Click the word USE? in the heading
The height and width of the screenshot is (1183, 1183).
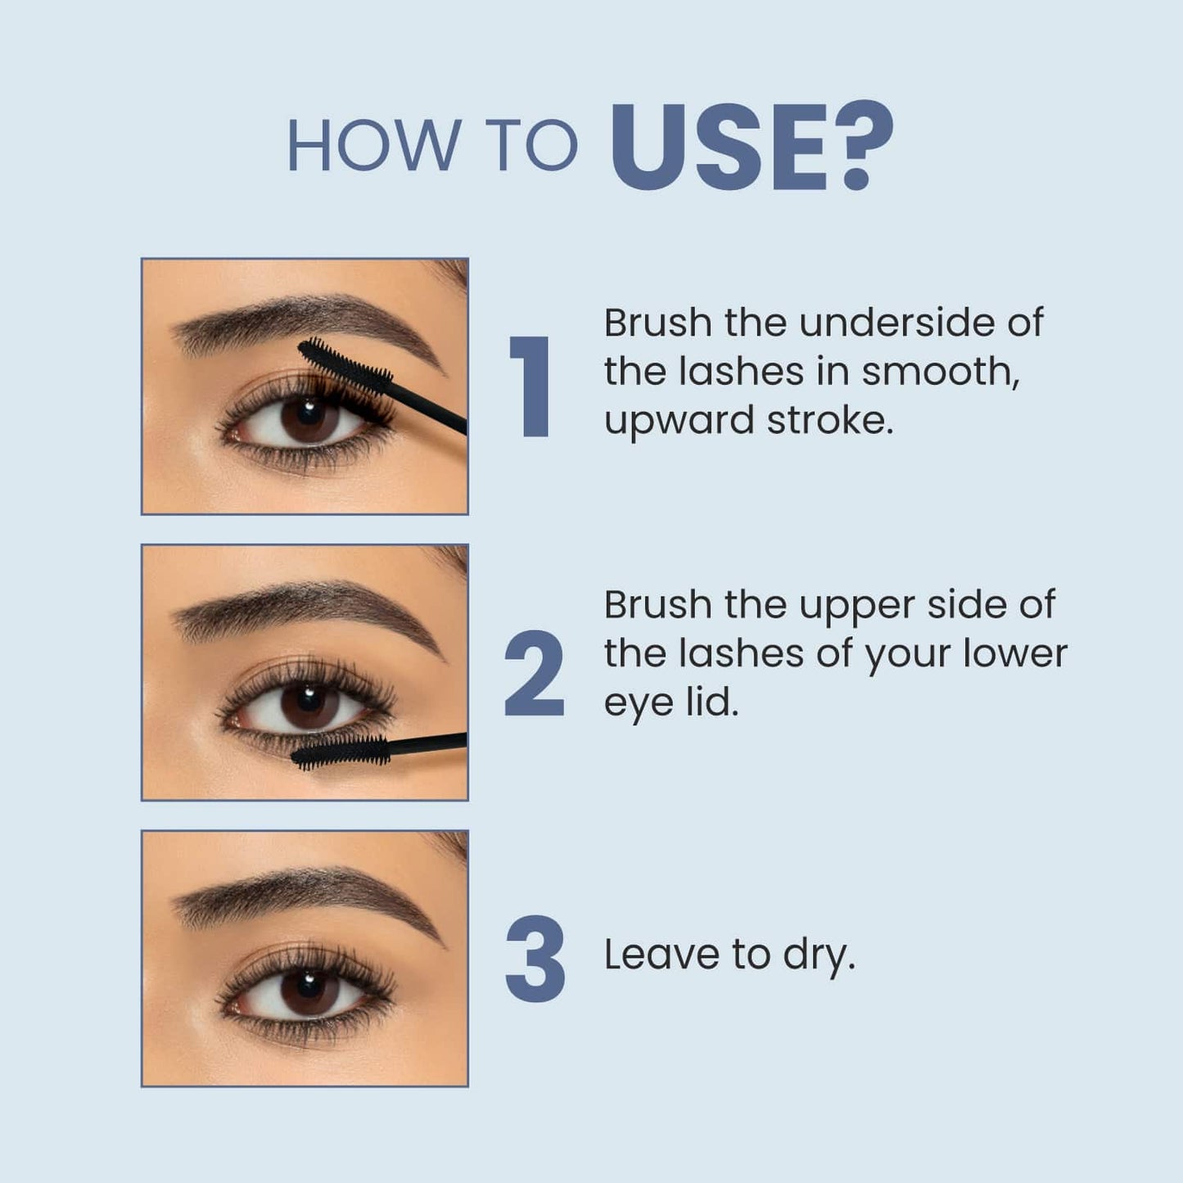tap(752, 146)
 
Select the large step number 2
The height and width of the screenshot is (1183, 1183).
tap(534, 673)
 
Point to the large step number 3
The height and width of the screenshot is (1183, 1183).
tap(535, 959)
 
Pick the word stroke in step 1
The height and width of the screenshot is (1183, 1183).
tap(830, 420)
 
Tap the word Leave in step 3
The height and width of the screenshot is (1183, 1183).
tap(661, 955)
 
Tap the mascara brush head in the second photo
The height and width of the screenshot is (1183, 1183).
tap(340, 752)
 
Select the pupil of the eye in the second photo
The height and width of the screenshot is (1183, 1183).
tap(309, 700)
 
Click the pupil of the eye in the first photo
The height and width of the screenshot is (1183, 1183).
tap(309, 413)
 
